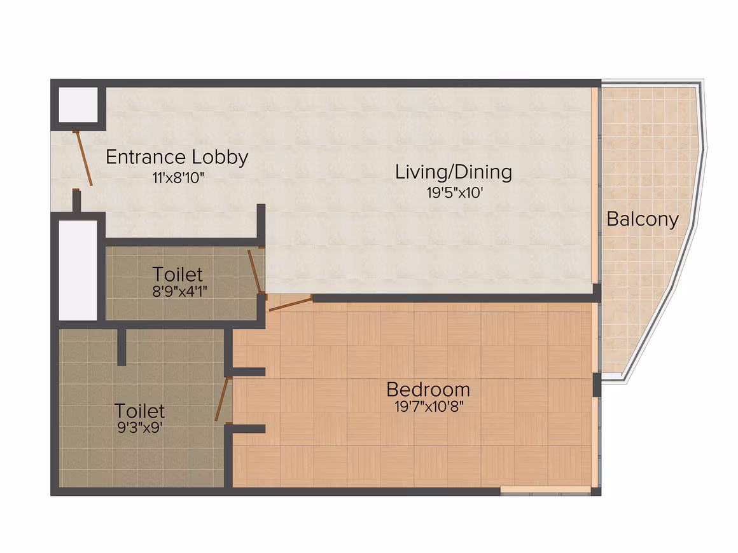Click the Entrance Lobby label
pyautogui.click(x=177, y=158)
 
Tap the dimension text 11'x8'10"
pyautogui.click(x=178, y=178)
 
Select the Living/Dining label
pyautogui.click(x=453, y=172)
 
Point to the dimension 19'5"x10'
pyautogui.click(x=455, y=193)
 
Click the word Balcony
pyautogui.click(x=643, y=219)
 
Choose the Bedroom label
pyautogui.click(x=428, y=390)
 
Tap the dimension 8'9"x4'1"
pyautogui.click(x=180, y=292)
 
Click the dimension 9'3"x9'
pyautogui.click(x=140, y=428)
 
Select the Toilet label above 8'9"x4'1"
pyautogui.click(x=178, y=274)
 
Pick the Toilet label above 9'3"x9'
pyautogui.click(x=140, y=411)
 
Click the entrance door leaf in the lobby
pyautogui.click(x=83, y=158)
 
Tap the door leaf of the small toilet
pyautogui.click(x=254, y=272)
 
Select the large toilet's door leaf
pyautogui.click(x=221, y=399)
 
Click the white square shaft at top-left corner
pyautogui.click(x=78, y=104)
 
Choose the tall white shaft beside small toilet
pyautogui.click(x=78, y=270)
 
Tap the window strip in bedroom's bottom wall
pyautogui.click(x=545, y=489)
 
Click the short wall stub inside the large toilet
pyautogui.click(x=122, y=347)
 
